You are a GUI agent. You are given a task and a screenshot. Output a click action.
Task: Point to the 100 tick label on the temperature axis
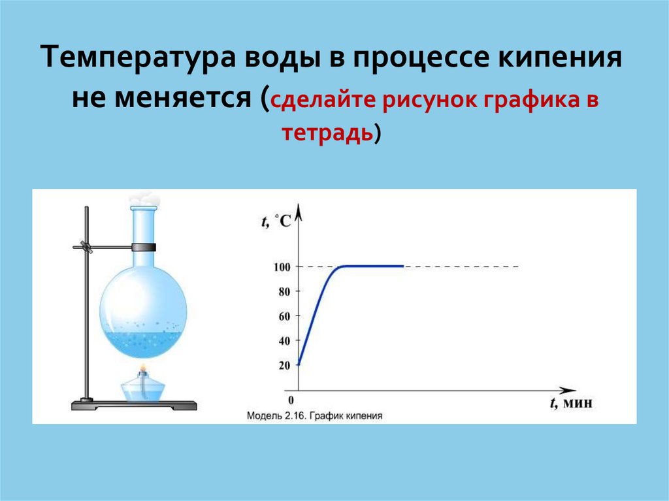tap(282, 267)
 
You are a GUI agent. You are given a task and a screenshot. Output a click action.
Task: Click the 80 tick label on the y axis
tap(285, 292)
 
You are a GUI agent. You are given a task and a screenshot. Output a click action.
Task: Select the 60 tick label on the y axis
tap(285, 316)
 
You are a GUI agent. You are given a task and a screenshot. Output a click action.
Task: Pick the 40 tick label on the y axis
tap(285, 341)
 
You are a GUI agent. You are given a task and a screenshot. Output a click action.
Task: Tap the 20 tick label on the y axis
tap(285, 365)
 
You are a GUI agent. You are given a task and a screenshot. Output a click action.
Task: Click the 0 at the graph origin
tap(291, 400)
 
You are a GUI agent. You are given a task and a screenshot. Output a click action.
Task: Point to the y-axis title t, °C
tap(276, 221)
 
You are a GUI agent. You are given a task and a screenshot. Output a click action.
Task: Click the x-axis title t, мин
tap(571, 403)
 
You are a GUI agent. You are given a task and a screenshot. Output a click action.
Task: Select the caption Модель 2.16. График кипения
tap(314, 415)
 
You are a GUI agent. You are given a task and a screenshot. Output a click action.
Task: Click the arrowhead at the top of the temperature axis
tap(298, 212)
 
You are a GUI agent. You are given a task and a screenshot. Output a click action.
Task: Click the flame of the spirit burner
tap(143, 368)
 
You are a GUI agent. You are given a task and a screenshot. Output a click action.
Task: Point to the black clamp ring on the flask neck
tap(143, 247)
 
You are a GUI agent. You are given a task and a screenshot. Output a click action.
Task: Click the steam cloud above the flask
tap(144, 199)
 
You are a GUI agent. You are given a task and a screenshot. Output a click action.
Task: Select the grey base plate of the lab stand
tap(134, 405)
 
